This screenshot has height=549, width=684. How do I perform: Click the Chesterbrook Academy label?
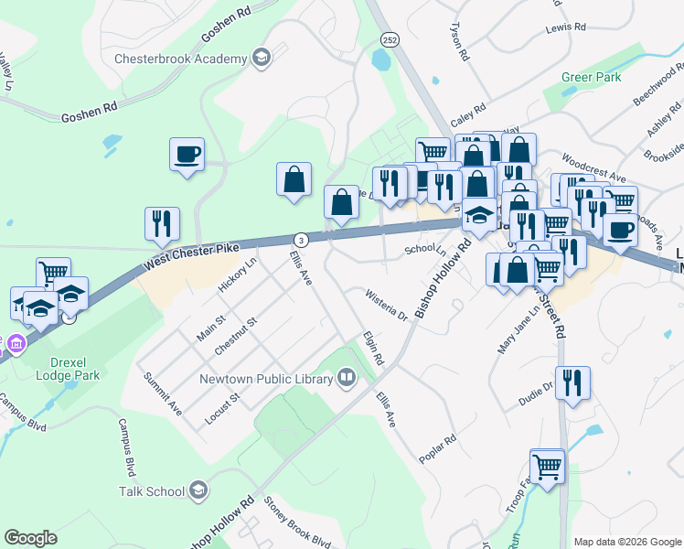(180, 59)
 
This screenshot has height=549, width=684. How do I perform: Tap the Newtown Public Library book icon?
(347, 377)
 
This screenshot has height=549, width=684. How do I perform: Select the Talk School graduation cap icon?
(198, 491)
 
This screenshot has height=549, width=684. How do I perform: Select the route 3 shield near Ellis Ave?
(302, 239)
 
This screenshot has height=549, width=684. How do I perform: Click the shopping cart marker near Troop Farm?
(547, 466)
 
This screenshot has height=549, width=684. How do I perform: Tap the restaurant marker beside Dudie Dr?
(572, 382)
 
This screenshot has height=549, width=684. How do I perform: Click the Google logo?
(30, 537)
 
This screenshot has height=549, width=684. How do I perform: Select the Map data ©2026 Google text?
(626, 542)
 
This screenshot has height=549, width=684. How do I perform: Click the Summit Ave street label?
(162, 394)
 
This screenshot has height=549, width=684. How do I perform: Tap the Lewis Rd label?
(565, 27)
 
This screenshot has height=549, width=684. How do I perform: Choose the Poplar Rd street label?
(438, 454)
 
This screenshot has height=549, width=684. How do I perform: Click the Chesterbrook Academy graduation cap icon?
(262, 59)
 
